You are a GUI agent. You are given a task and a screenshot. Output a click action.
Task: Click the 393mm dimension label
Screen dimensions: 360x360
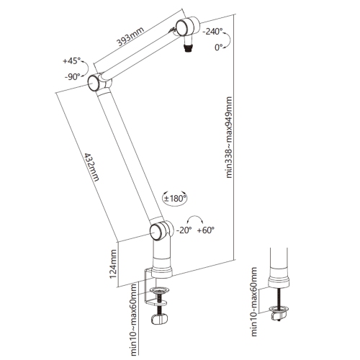[130, 36]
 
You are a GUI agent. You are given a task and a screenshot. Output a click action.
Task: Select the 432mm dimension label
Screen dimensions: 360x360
[91, 167]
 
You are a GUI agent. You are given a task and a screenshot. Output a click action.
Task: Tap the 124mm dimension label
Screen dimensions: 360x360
[113, 264]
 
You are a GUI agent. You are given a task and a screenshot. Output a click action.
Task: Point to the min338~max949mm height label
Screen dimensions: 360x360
[229, 138]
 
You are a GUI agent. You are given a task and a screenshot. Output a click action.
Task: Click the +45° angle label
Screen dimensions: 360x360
[71, 60]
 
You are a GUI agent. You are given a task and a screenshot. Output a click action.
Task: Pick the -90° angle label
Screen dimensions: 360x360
[72, 77]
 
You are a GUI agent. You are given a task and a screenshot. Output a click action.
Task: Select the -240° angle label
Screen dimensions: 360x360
[212, 31]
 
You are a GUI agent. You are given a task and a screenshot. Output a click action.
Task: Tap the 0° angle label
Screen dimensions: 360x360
[219, 48]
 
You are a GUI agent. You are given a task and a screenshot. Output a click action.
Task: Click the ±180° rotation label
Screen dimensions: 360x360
[175, 198]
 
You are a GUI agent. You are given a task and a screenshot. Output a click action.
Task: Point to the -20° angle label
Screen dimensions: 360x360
[184, 230]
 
